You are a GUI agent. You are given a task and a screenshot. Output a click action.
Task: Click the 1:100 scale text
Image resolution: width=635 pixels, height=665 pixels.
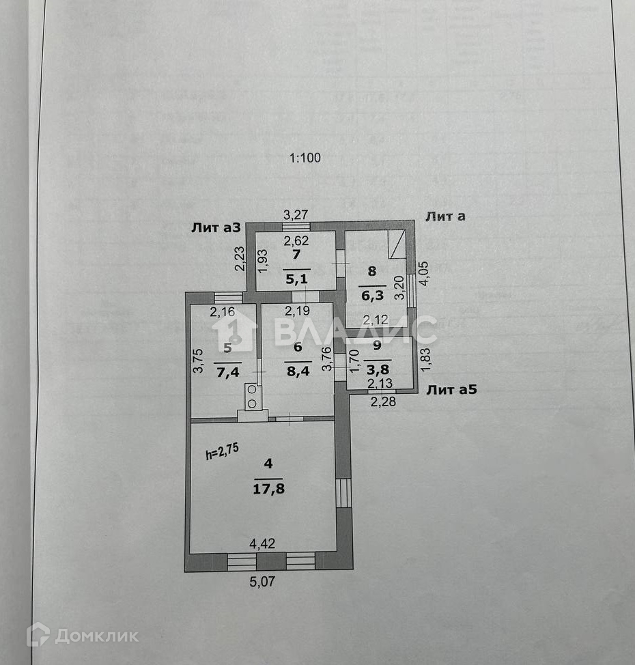305,158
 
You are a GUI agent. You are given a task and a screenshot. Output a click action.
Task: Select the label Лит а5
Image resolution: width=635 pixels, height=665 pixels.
451,390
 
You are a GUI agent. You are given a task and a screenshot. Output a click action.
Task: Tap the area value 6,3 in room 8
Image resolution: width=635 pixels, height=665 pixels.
372,296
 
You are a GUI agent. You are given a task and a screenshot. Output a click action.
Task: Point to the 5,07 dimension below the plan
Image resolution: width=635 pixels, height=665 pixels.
264,582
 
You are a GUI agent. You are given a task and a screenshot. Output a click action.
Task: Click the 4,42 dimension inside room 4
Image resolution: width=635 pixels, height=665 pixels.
262,544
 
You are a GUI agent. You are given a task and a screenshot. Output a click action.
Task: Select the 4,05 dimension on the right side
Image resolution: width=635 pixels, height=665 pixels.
425,274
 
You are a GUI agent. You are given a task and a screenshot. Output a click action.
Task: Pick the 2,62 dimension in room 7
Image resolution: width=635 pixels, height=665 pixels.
296,240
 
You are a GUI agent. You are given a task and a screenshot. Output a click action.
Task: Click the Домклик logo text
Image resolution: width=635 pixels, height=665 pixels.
96,636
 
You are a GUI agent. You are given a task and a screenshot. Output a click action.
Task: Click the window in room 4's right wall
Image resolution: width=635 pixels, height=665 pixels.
343,492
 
